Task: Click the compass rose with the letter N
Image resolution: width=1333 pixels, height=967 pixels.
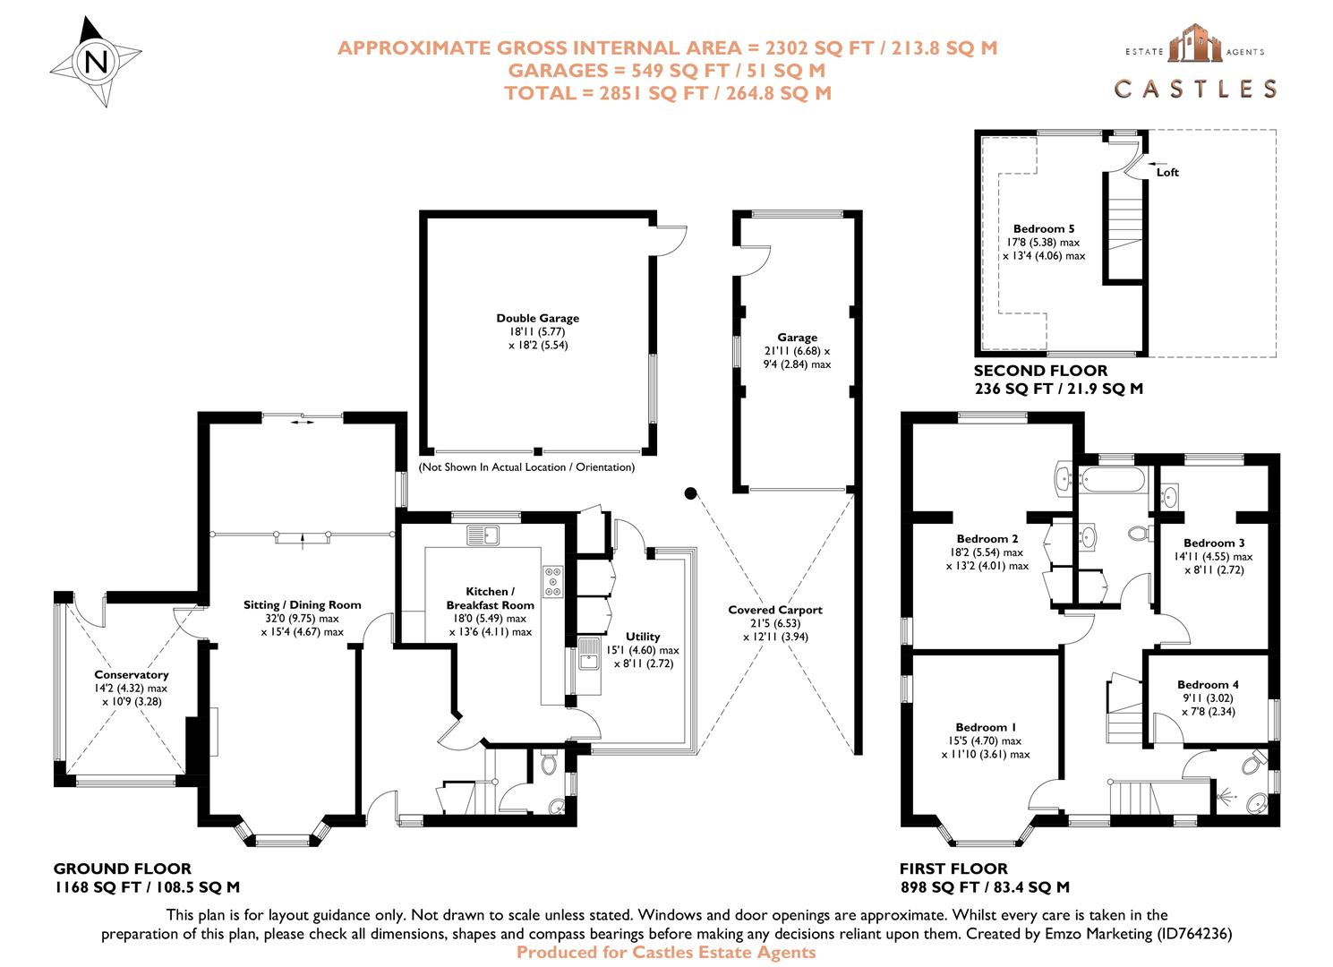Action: click(x=96, y=62)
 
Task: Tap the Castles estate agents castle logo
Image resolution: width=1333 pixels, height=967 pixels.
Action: click(x=1194, y=45)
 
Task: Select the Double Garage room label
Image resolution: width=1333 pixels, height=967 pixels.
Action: click(x=537, y=318)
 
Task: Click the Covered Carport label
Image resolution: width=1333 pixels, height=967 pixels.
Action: click(x=774, y=610)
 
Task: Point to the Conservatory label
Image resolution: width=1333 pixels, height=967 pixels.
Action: click(x=132, y=675)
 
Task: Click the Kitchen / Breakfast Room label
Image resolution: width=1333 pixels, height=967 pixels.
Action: click(x=490, y=598)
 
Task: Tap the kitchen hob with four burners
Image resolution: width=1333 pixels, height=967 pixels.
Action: click(x=551, y=582)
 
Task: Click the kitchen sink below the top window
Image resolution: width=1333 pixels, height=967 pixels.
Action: click(x=483, y=535)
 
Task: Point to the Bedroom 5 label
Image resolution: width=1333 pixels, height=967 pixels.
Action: click(x=1043, y=229)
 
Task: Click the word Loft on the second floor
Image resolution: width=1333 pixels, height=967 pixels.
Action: click(x=1167, y=173)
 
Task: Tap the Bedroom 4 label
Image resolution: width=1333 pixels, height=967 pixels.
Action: click(x=1208, y=685)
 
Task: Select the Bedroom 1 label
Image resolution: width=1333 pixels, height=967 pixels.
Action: click(x=986, y=727)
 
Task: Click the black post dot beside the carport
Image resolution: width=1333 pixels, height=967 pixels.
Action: click(x=690, y=492)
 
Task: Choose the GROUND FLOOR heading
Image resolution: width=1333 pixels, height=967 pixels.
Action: click(x=123, y=869)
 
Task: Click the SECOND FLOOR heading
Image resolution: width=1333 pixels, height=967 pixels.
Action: click(x=1040, y=371)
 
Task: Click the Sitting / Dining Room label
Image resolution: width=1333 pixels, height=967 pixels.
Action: click(x=302, y=604)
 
